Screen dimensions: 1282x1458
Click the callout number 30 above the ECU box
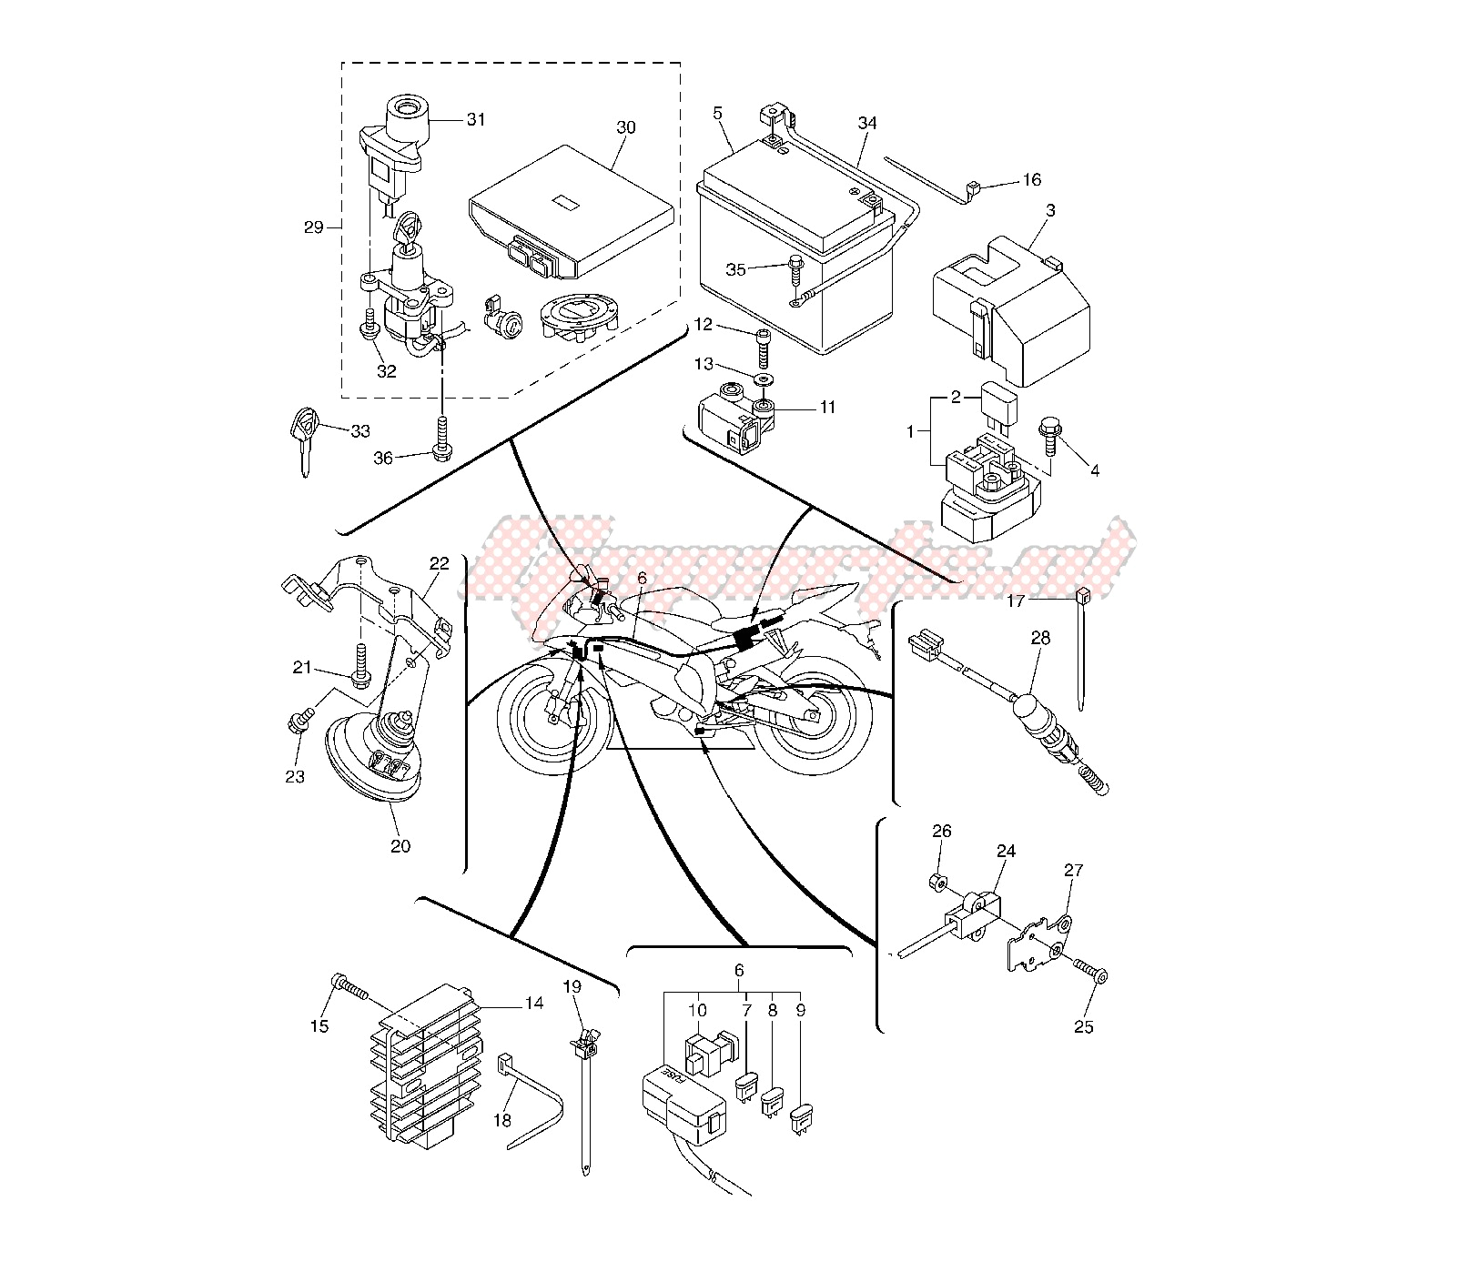[x=625, y=128]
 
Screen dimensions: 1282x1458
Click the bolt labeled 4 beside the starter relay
[x=1048, y=438]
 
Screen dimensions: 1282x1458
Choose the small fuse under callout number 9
[x=802, y=1116]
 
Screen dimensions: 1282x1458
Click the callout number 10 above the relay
[x=697, y=1010]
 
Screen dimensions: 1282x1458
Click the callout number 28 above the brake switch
[x=1040, y=638]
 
